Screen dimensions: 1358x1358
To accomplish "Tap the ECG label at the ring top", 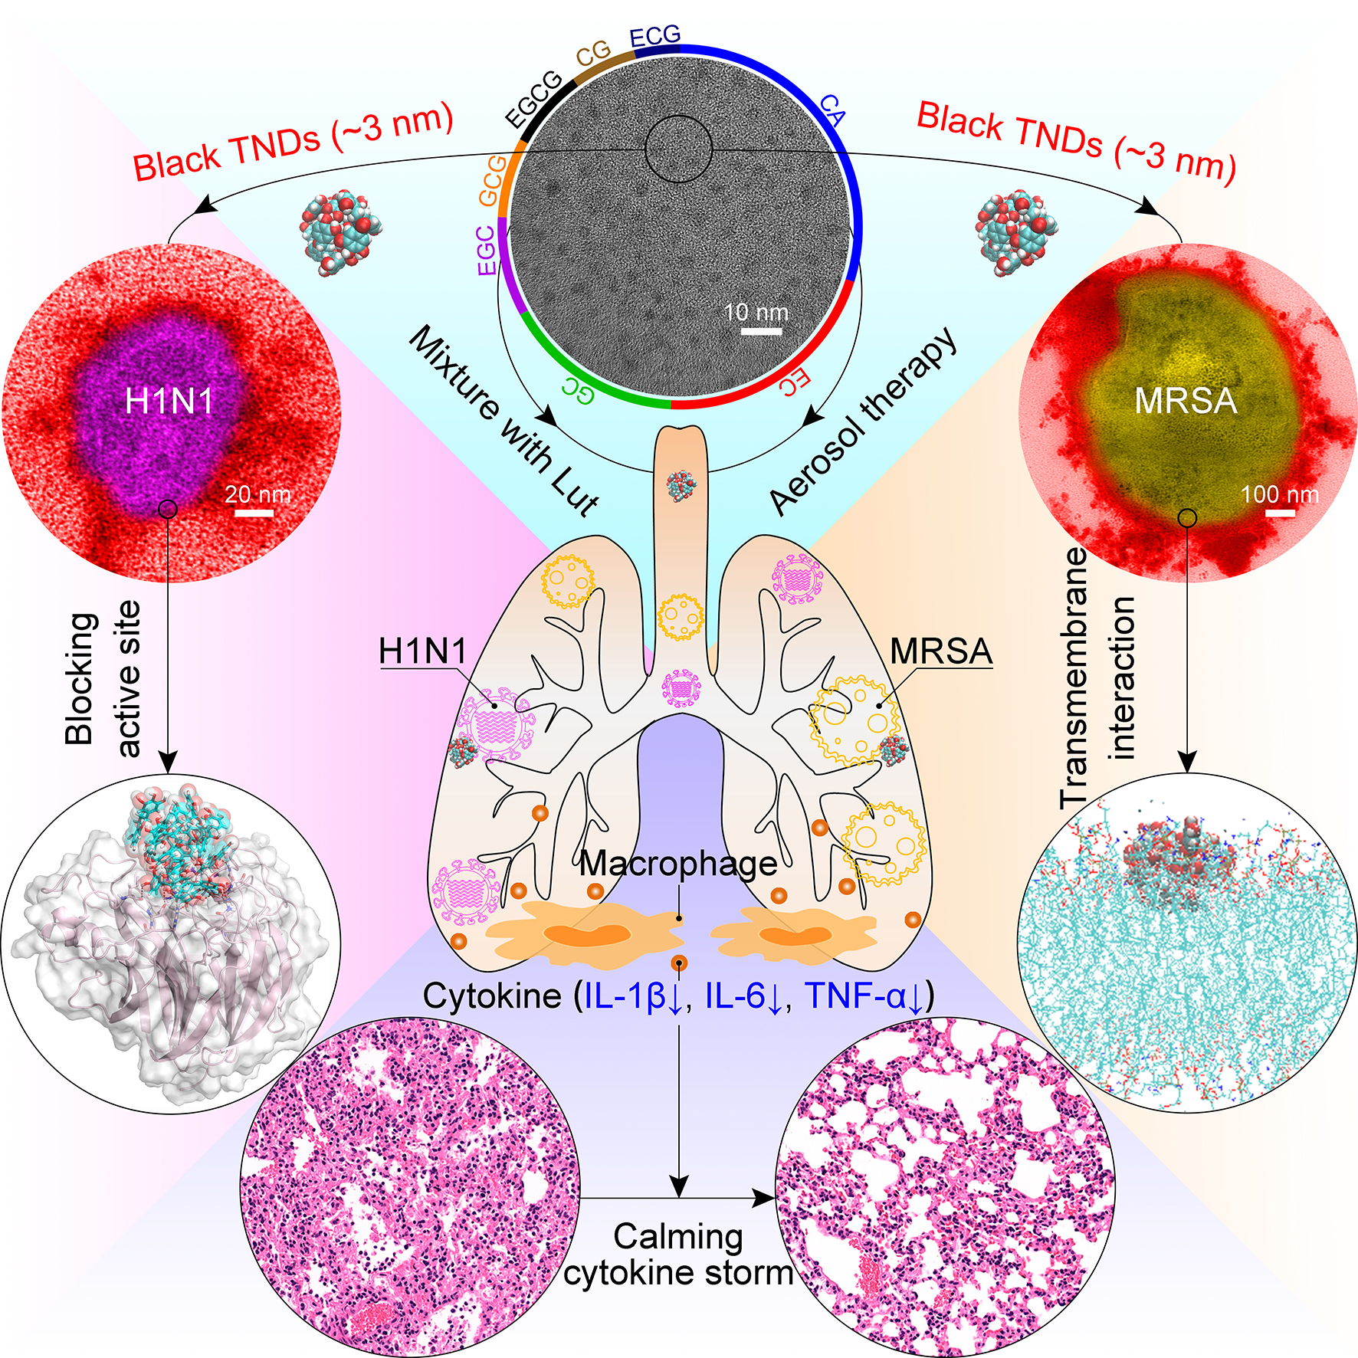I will (654, 35).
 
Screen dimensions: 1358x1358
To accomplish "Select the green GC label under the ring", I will (578, 389).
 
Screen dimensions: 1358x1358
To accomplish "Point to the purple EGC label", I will (486, 250).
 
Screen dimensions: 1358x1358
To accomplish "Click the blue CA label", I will (832, 110).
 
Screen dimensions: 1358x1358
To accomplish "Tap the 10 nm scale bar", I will (761, 331).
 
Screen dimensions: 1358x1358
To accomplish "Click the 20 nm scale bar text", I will (257, 494).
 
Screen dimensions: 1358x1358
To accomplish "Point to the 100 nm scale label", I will (1280, 494).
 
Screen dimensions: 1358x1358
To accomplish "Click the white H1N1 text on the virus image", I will (169, 401).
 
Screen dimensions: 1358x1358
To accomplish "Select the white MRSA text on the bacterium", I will (1186, 401).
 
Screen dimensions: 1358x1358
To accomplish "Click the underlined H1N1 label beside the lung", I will (423, 651).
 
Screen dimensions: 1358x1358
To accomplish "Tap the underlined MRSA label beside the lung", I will (941, 651).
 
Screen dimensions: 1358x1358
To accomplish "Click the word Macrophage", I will (678, 864).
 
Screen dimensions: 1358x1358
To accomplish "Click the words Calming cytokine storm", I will (678, 1255).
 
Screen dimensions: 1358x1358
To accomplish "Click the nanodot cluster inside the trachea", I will (681, 485).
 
